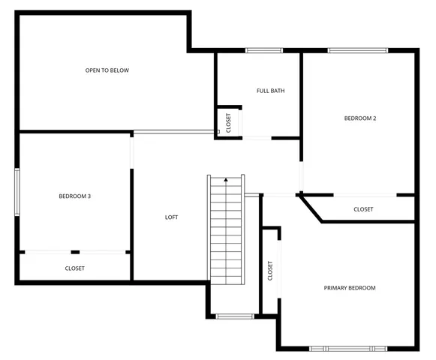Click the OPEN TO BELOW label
point(107,70)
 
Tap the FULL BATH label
point(270,91)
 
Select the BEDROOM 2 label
point(359,118)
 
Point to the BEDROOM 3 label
point(74,196)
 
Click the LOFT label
point(171,217)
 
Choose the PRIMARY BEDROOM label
point(349,288)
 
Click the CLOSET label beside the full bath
point(229,123)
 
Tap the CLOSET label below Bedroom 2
point(363,209)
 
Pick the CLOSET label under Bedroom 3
point(74,268)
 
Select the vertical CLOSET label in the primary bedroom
point(270,271)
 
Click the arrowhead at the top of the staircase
point(226,180)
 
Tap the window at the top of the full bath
point(264,51)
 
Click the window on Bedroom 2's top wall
point(357,51)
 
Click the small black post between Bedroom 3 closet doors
point(74,252)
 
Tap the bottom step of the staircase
point(227,279)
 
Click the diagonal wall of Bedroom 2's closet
point(311,208)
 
